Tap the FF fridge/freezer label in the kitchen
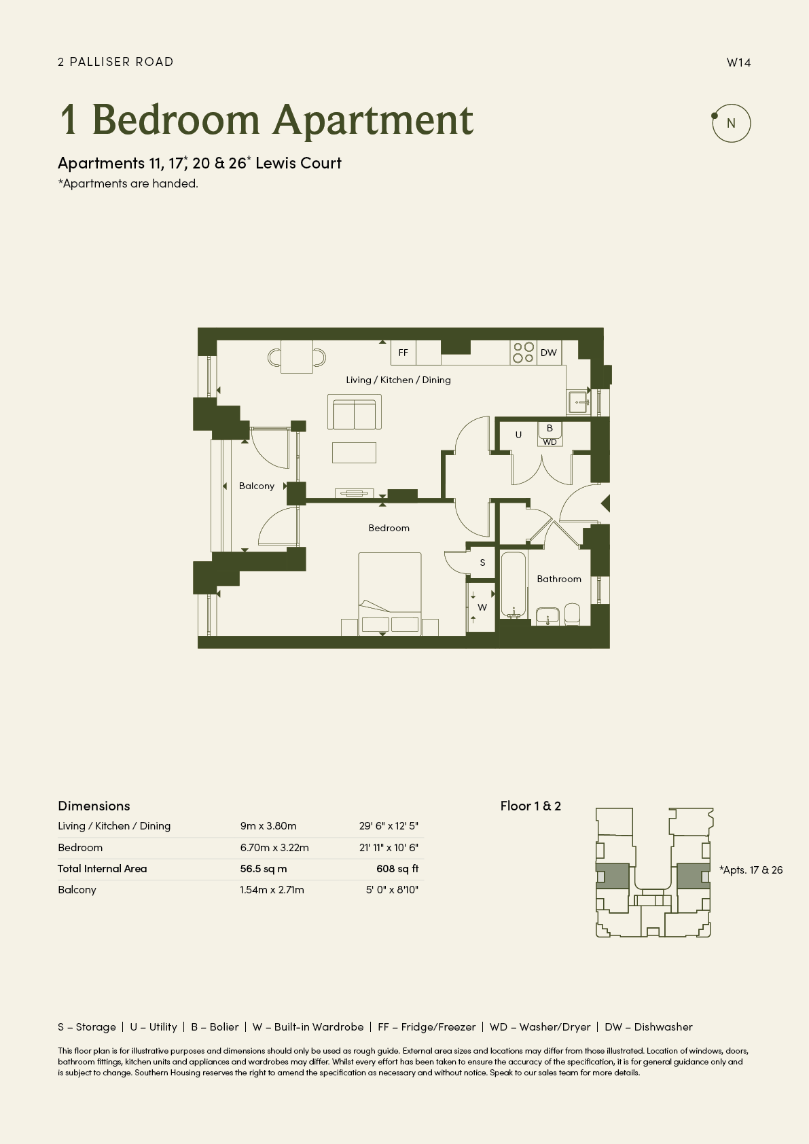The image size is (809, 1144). click(x=403, y=353)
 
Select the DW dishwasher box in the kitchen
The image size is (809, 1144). click(x=549, y=353)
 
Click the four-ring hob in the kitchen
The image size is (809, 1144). click(x=524, y=353)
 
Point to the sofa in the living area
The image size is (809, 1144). click(x=355, y=412)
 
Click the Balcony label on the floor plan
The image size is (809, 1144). click(x=256, y=486)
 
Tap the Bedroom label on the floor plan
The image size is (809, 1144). click(x=389, y=528)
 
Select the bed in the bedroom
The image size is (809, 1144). click(x=390, y=594)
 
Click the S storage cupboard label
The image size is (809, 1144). click(x=482, y=562)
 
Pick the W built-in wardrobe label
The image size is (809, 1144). click(x=482, y=607)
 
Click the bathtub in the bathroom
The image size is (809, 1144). click(x=514, y=585)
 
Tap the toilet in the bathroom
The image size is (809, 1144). click(x=572, y=614)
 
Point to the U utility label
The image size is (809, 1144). click(x=518, y=435)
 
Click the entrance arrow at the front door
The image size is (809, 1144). click(x=605, y=503)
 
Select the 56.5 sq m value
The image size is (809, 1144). click(x=264, y=869)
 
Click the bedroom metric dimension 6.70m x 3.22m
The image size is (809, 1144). click(x=274, y=848)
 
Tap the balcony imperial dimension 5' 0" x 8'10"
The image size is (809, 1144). click(x=392, y=890)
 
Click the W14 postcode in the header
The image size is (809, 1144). click(x=738, y=62)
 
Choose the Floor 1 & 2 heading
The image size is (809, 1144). click(x=531, y=806)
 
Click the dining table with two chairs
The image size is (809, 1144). click(x=297, y=357)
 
